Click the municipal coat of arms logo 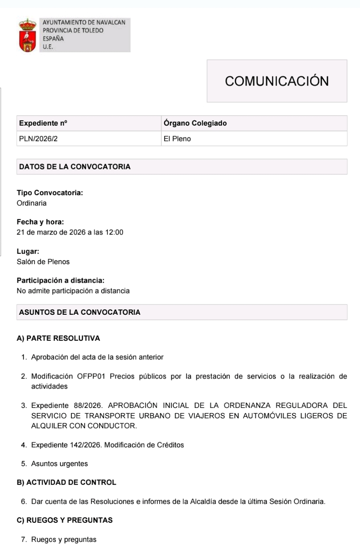pyautogui.click(x=27, y=35)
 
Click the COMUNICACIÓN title pyautogui.click(x=277, y=81)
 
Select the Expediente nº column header pyautogui.click(x=43, y=123)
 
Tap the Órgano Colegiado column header pyautogui.click(x=195, y=123)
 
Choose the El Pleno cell pyautogui.click(x=177, y=139)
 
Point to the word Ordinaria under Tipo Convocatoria pyautogui.click(x=32, y=203)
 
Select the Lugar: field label pyautogui.click(x=28, y=252)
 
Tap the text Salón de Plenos pyautogui.click(x=43, y=262)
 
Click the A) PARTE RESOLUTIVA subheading pyautogui.click(x=58, y=338)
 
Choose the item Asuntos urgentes pyautogui.click(x=59, y=464)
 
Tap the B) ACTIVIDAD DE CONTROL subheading pyautogui.click(x=67, y=482)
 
